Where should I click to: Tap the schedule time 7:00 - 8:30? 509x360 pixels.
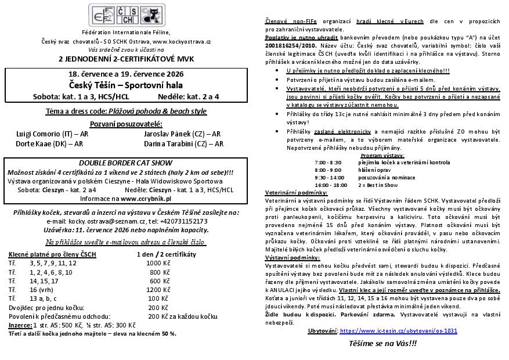pos(328,163)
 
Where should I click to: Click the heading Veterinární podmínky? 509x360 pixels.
pos(296,192)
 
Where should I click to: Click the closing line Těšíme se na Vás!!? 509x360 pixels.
pos(382,343)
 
